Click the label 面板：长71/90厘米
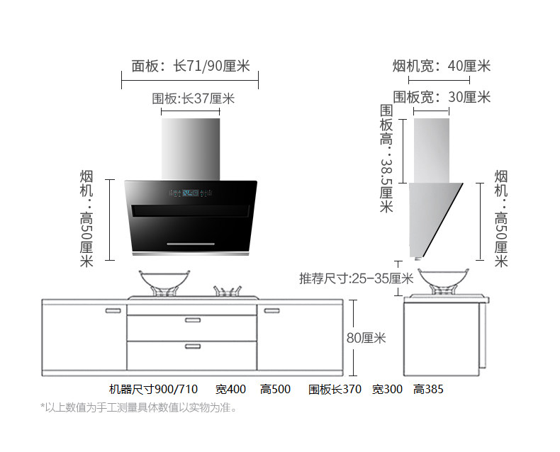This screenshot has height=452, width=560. tap(191, 66)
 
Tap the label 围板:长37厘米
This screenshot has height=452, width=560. tap(194, 98)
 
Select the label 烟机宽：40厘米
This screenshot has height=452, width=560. tap(442, 66)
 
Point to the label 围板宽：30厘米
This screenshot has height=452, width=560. tap(442, 97)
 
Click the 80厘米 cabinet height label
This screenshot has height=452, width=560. tap(366, 338)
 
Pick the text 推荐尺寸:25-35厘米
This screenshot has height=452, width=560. tap(356, 278)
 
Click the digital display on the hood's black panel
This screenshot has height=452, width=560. tap(191, 193)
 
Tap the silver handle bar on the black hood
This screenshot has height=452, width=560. tap(191, 244)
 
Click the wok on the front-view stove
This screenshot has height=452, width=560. tap(164, 282)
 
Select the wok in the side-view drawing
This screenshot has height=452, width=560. tap(443, 281)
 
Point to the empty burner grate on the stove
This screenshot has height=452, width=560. tap(227, 291)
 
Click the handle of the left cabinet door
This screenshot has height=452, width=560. tap(113, 310)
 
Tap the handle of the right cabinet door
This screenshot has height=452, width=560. tap(271, 310)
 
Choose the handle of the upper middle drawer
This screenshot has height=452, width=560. tap(193, 320)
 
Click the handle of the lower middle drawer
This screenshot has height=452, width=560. tap(193, 346)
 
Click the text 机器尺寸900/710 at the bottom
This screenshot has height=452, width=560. tap(153, 389)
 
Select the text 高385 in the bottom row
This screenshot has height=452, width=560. tap(428, 389)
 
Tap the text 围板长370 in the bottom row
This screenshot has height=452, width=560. tap(335, 389)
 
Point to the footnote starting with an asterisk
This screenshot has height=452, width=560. tap(138, 407)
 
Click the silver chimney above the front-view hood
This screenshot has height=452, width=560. tap(191, 149)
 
